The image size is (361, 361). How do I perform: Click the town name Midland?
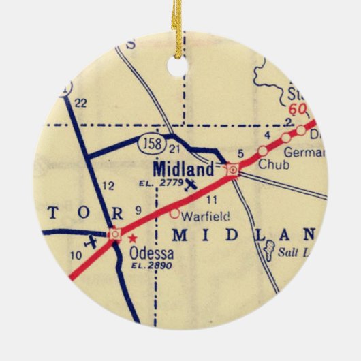pos(183,168)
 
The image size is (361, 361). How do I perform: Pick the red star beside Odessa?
pos(133,238)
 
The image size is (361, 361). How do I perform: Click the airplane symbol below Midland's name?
pos(192,183)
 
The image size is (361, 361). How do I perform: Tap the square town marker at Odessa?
pos(115,234)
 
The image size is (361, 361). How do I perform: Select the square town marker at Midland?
pos(233,169)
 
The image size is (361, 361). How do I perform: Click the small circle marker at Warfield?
pos(174,213)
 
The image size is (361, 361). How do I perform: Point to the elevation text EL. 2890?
pos(151,266)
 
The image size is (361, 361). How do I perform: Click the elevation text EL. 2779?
pos(159,183)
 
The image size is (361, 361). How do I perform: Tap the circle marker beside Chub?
pos(262,151)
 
